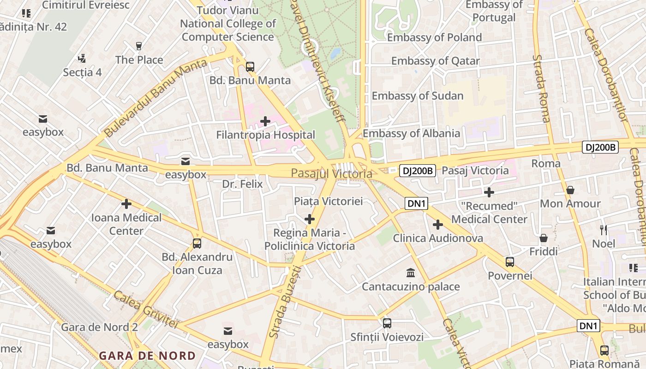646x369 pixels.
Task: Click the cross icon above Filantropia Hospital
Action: point(265,122)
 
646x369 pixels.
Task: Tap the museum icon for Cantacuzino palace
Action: point(411,273)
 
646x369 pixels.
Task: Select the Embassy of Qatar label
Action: point(435,61)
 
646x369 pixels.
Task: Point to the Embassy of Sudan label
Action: point(417,96)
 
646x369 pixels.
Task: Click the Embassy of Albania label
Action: point(411,134)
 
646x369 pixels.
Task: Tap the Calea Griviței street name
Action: point(145,309)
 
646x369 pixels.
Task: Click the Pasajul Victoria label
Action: point(331,174)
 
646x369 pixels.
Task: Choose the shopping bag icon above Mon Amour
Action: point(570,190)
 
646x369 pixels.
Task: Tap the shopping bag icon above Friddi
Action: point(544,238)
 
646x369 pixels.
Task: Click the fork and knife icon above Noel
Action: point(603,230)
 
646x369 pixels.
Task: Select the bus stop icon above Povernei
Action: point(510,262)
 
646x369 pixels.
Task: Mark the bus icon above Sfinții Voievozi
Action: point(387,323)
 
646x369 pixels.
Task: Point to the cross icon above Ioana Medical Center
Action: point(126,204)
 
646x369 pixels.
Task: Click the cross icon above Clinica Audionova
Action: point(438,225)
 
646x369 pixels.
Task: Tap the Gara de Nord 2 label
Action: point(100,327)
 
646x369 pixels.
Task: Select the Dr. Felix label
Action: point(242,184)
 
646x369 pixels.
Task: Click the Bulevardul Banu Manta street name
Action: point(156,98)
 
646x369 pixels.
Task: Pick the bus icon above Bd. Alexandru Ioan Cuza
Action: point(197,243)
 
